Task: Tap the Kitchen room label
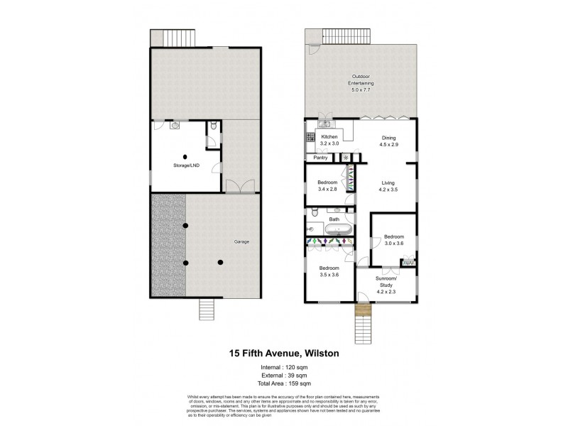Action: click(329, 139)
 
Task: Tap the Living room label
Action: click(388, 186)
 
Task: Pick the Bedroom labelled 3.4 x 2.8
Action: click(327, 186)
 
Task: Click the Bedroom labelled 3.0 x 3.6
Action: click(394, 239)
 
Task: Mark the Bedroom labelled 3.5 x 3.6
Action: click(328, 271)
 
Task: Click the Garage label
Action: click(242, 241)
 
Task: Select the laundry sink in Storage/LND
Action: click(175, 125)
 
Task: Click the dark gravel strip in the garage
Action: click(168, 245)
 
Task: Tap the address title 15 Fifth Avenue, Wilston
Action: click(283, 351)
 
